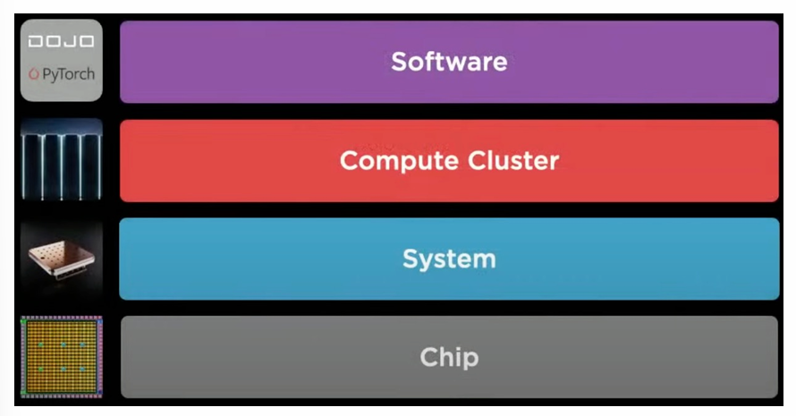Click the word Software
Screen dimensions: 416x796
pyautogui.click(x=449, y=62)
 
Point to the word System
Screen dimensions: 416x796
pyautogui.click(x=449, y=259)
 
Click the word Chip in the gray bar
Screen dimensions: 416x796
pyautogui.click(x=449, y=358)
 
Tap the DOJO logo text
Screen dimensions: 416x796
pyautogui.click(x=61, y=41)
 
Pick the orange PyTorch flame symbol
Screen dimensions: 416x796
pyautogui.click(x=34, y=73)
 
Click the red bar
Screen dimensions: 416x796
pyautogui.click(x=671, y=161)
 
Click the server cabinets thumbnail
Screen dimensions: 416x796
pyautogui.click(x=61, y=160)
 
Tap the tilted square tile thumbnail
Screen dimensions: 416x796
pyautogui.click(x=61, y=259)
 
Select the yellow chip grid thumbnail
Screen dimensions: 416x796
pyautogui.click(x=61, y=357)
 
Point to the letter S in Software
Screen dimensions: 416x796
pyautogui.click(x=399, y=62)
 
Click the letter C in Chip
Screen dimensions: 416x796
pyautogui.click(x=428, y=358)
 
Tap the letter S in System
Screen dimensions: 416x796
pyautogui.click(x=410, y=259)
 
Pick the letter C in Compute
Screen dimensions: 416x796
pyautogui.click(x=349, y=161)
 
